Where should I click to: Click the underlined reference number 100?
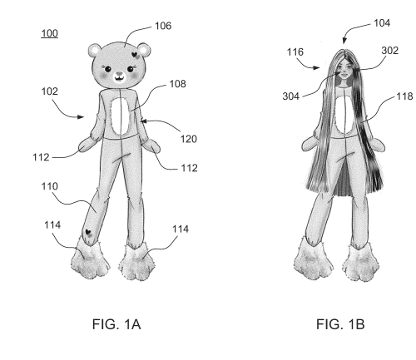pos(50,33)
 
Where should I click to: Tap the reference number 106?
pos(163,26)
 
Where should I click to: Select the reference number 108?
pos(177,84)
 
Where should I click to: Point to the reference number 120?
pos(189,139)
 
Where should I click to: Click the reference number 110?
pos(50,186)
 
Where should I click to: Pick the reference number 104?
pos(382,22)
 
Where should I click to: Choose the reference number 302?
pos(390,51)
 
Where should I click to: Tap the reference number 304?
pos(291,96)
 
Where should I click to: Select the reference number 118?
pos(404,96)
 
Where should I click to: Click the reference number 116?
pos(295,52)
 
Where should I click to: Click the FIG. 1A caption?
pos(116,324)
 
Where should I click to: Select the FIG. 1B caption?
pos(340,324)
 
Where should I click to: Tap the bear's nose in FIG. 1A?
pos(119,74)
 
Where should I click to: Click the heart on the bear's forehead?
pos(134,55)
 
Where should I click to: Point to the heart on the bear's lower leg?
pos(88,232)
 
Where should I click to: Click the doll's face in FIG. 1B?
pos(344,72)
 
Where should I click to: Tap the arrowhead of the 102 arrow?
pos(81,117)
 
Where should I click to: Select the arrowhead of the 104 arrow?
pos(344,41)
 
